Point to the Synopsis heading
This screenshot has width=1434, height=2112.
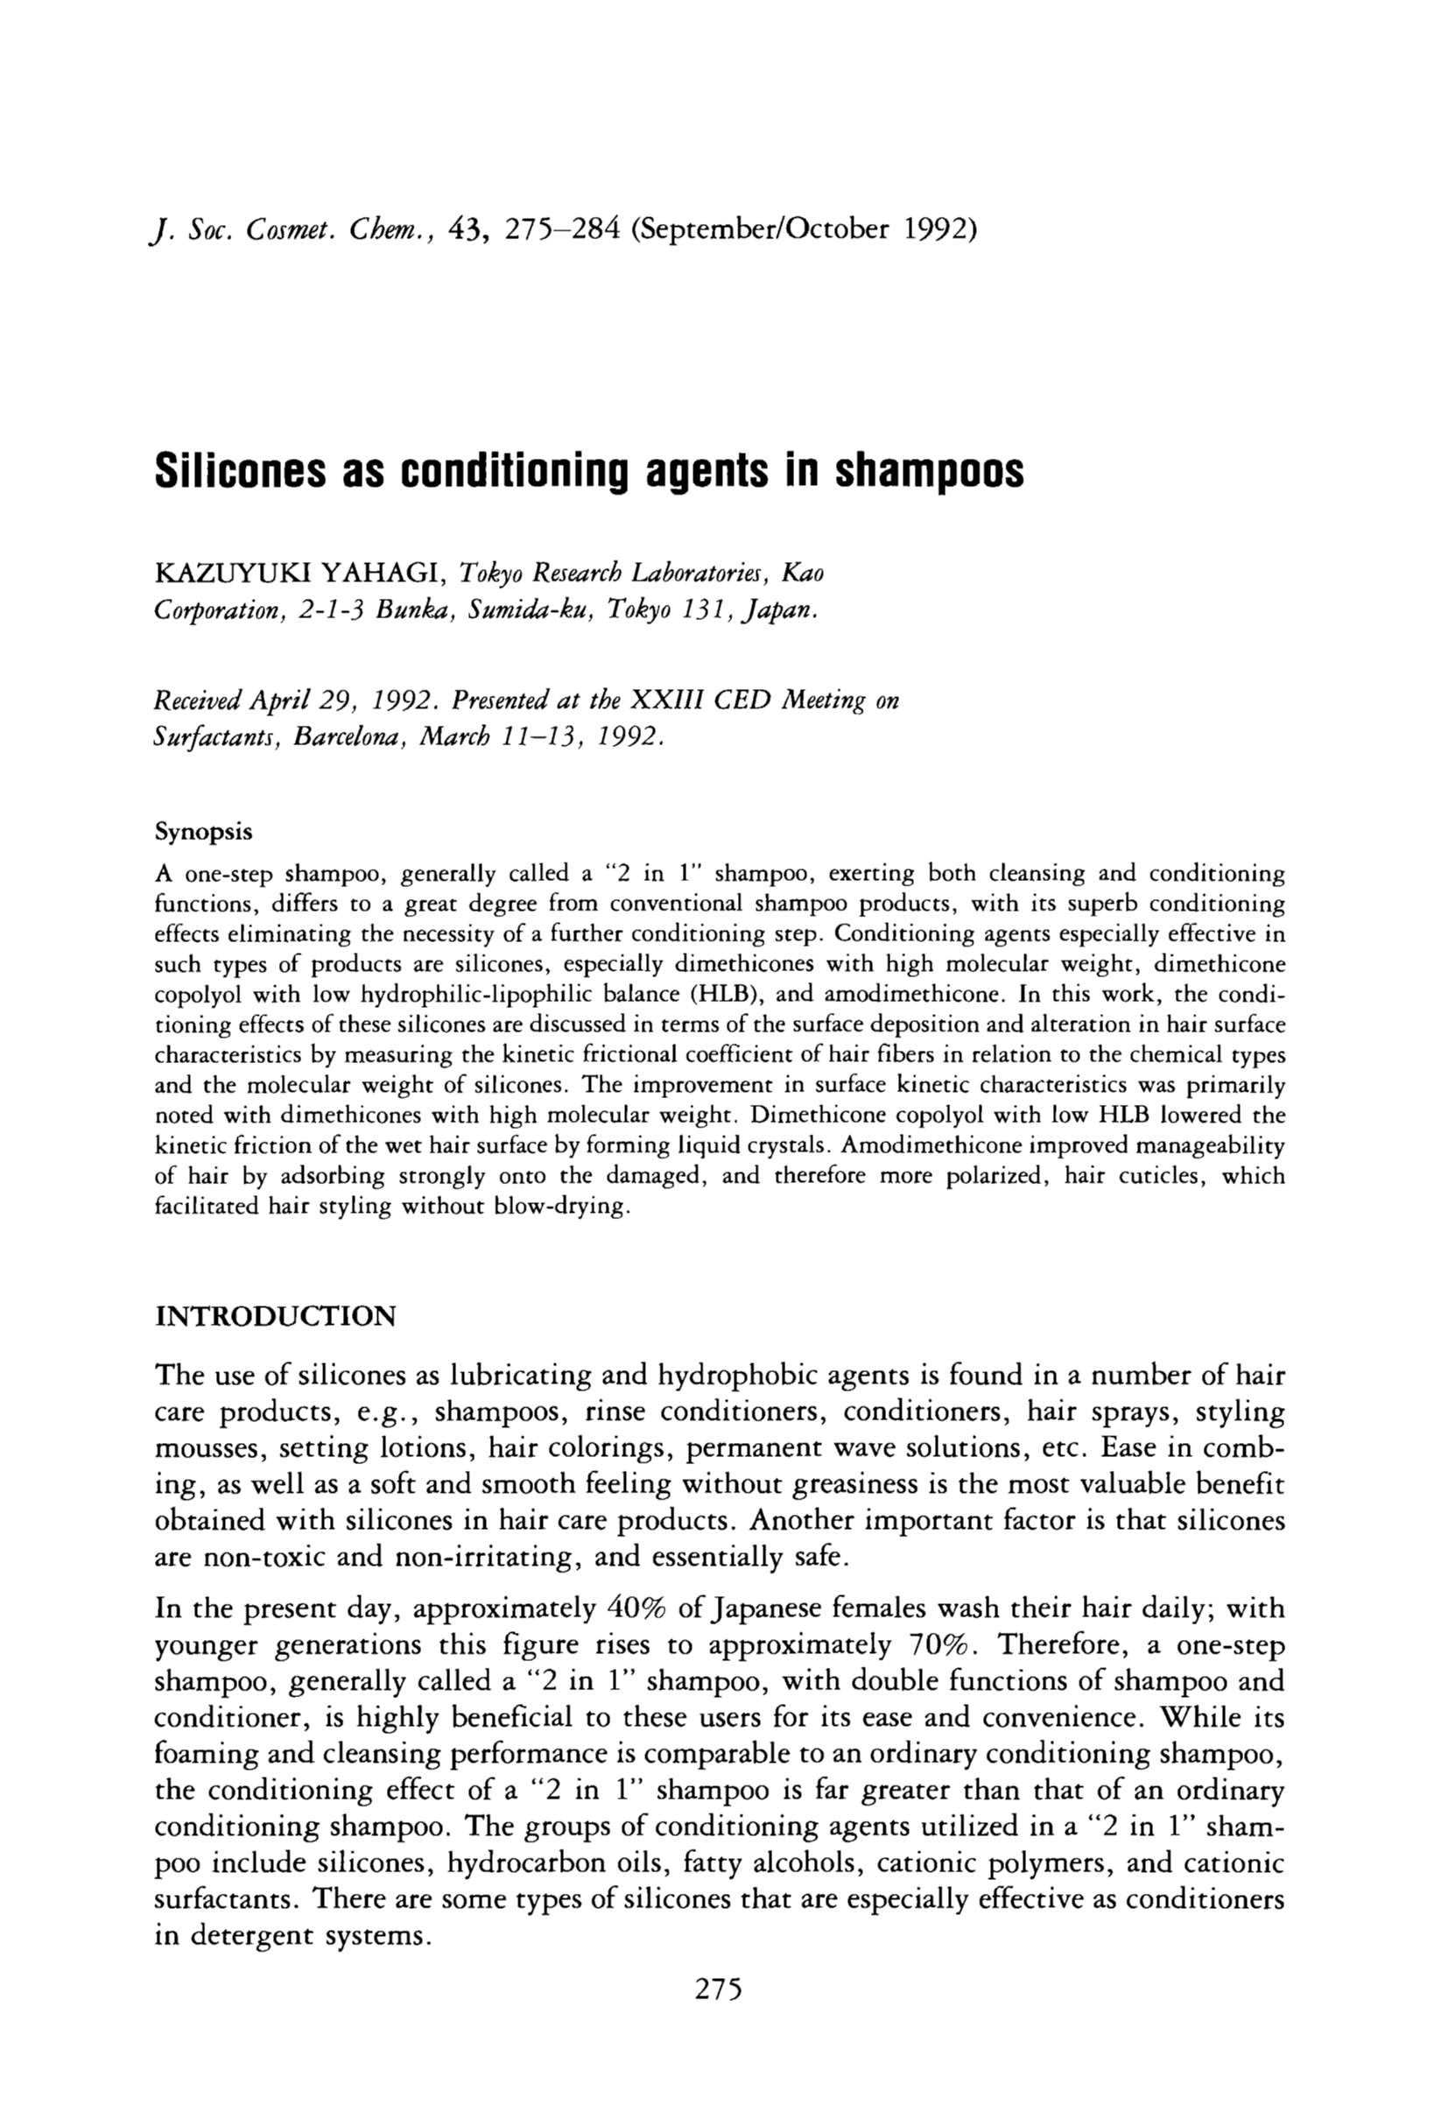pos(205,832)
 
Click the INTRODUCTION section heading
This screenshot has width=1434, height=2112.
pos(276,1317)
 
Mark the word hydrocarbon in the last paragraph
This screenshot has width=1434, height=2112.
pos(523,1865)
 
